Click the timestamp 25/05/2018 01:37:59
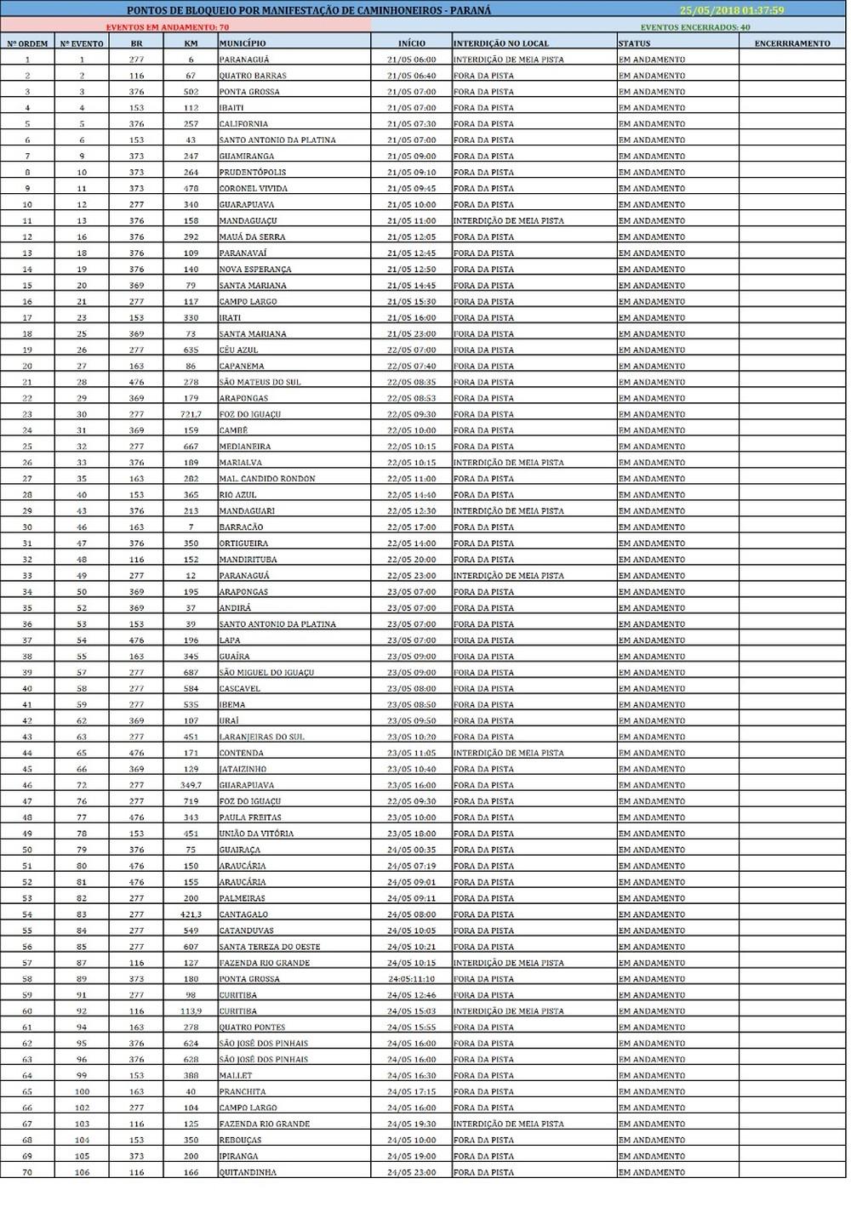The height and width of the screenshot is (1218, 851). (x=732, y=11)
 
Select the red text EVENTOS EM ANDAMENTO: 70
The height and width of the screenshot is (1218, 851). (x=162, y=27)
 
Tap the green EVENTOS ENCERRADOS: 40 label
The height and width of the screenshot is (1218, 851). (x=695, y=27)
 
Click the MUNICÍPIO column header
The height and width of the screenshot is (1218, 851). (x=243, y=43)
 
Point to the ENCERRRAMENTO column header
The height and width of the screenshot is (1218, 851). (x=791, y=43)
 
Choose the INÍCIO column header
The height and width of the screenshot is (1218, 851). (x=411, y=43)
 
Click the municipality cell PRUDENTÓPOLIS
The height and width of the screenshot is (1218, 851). (x=253, y=173)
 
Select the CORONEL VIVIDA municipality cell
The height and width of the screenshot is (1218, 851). (x=254, y=189)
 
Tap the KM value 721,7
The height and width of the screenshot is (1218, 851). (x=191, y=414)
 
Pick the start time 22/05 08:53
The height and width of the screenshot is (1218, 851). (x=411, y=398)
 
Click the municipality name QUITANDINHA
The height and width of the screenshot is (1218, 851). (x=248, y=1173)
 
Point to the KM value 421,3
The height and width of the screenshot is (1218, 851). (x=191, y=915)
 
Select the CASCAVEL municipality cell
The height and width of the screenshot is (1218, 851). (x=240, y=689)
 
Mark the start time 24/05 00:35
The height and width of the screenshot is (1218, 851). (x=411, y=850)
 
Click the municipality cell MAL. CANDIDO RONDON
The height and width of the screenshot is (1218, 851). (x=267, y=479)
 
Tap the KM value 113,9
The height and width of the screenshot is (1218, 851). (x=191, y=1011)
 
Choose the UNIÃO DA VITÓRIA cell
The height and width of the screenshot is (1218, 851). (x=256, y=834)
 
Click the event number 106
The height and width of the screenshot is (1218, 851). (x=82, y=1173)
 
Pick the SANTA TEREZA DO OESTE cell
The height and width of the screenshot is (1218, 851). (x=270, y=947)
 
